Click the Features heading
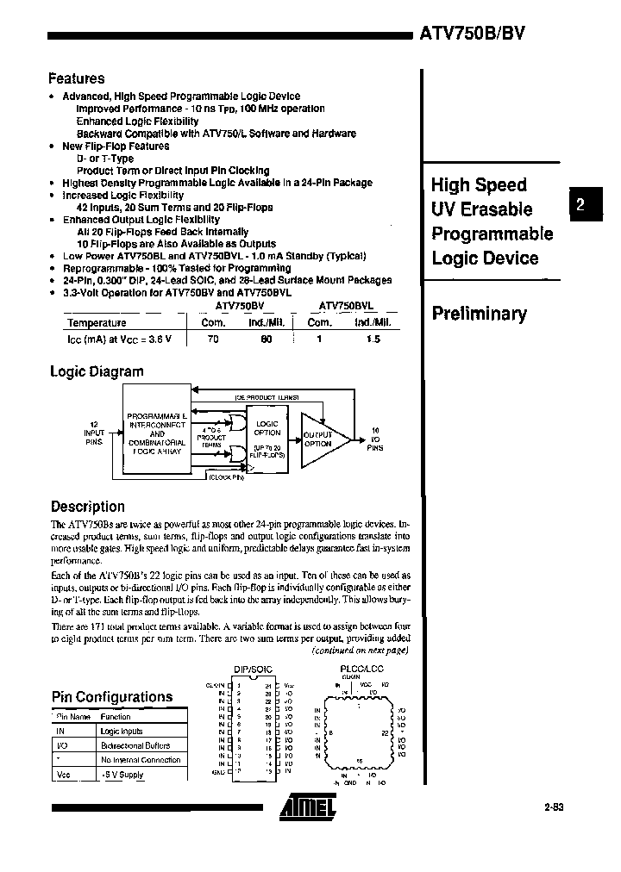coord(77,78)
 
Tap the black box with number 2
coord(580,204)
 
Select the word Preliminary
coord(479,314)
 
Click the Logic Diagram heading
coord(97,371)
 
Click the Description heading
coord(87,507)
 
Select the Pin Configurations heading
coord(111,696)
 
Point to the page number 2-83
coord(558,808)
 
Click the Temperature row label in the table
coord(97,322)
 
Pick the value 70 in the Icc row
coord(214,339)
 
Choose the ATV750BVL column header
coord(345,306)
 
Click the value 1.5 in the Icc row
coord(373,339)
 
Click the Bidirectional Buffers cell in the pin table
coord(135,745)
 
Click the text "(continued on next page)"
coord(360,651)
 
